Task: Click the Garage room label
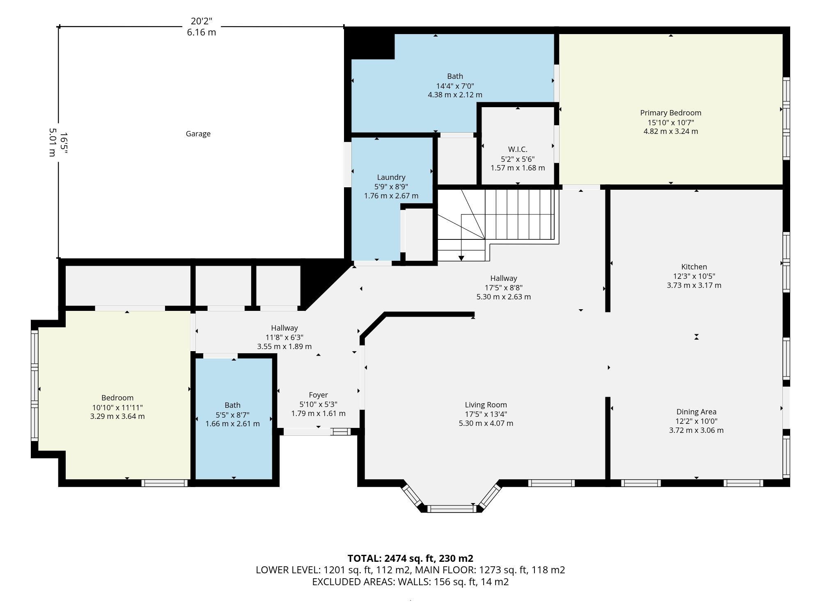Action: (x=198, y=133)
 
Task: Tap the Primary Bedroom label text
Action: (x=670, y=113)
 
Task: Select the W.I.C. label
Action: (x=517, y=149)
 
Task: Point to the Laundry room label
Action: (x=391, y=177)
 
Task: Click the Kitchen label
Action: (x=694, y=267)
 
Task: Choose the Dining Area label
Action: (x=696, y=411)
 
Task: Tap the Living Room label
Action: (x=486, y=405)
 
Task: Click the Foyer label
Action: (x=318, y=395)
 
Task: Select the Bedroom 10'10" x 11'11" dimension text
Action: (x=117, y=407)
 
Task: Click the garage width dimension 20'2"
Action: (x=201, y=21)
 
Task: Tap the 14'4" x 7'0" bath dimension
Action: (x=455, y=86)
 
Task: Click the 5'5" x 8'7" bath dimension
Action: (x=232, y=415)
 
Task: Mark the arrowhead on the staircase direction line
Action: (x=461, y=258)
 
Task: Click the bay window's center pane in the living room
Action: (x=452, y=509)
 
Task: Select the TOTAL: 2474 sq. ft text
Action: (x=391, y=558)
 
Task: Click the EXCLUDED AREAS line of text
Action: (x=410, y=582)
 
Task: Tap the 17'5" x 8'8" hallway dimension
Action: (x=503, y=287)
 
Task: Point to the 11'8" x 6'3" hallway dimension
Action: (x=284, y=337)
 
